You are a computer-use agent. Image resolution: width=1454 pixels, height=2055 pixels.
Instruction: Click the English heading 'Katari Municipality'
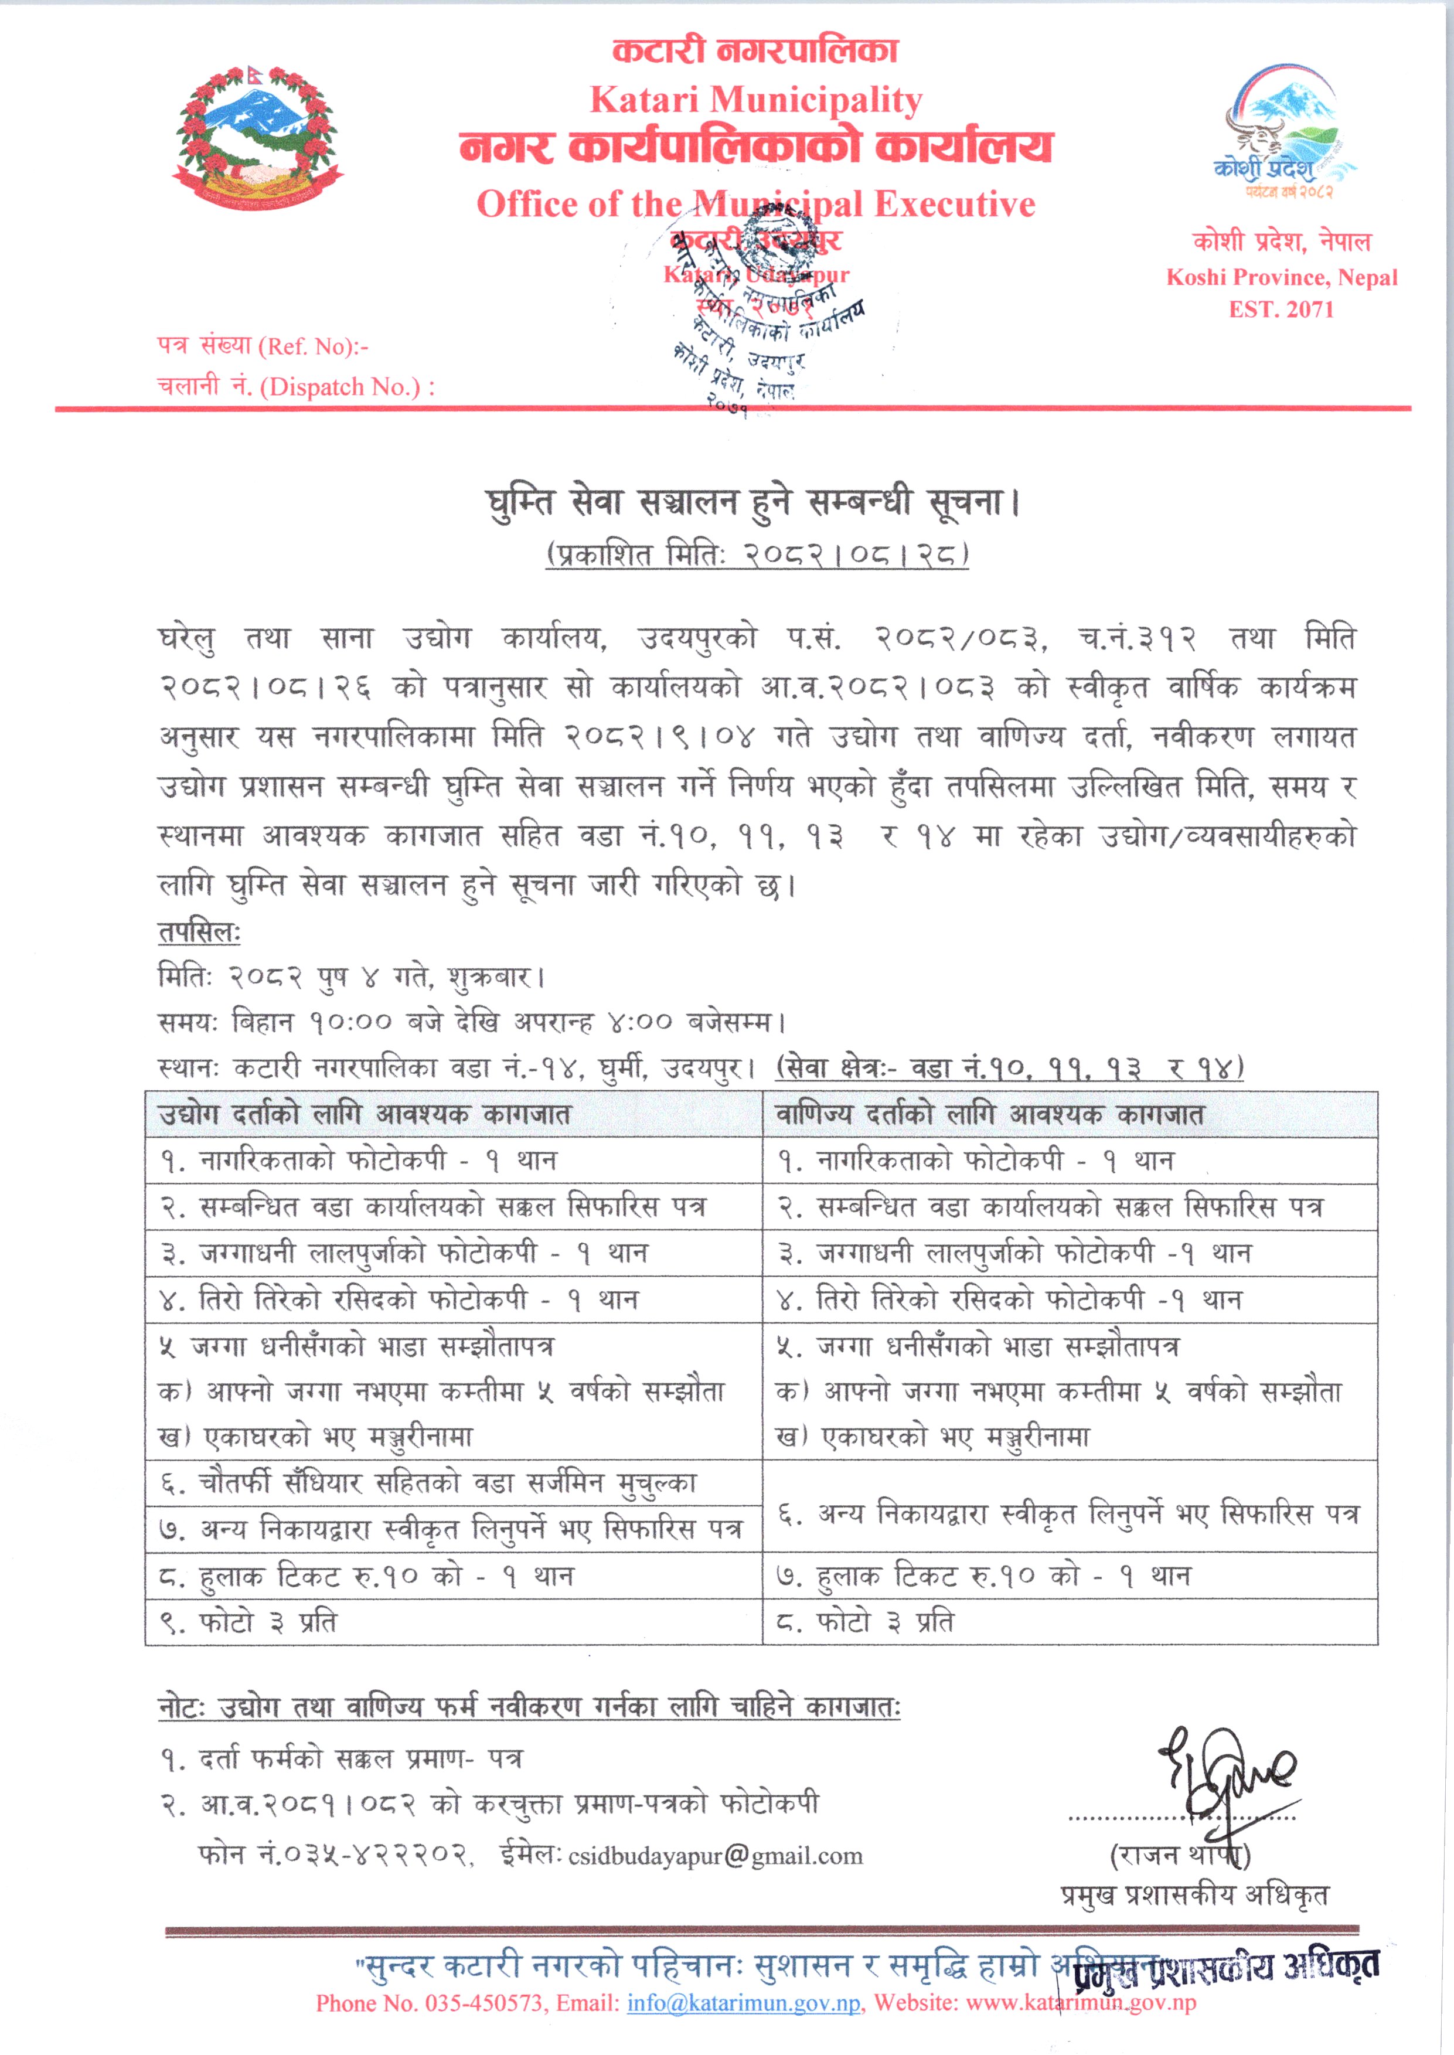[x=755, y=100]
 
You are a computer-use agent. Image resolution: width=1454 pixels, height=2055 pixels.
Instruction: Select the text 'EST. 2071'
[x=1281, y=310]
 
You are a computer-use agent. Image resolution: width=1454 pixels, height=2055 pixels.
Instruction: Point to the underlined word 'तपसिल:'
[x=199, y=932]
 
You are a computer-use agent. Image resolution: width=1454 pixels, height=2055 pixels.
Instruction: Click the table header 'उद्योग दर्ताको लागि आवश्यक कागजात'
[x=365, y=1115]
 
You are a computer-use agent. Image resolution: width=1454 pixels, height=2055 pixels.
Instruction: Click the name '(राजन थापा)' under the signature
[x=1180, y=1855]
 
